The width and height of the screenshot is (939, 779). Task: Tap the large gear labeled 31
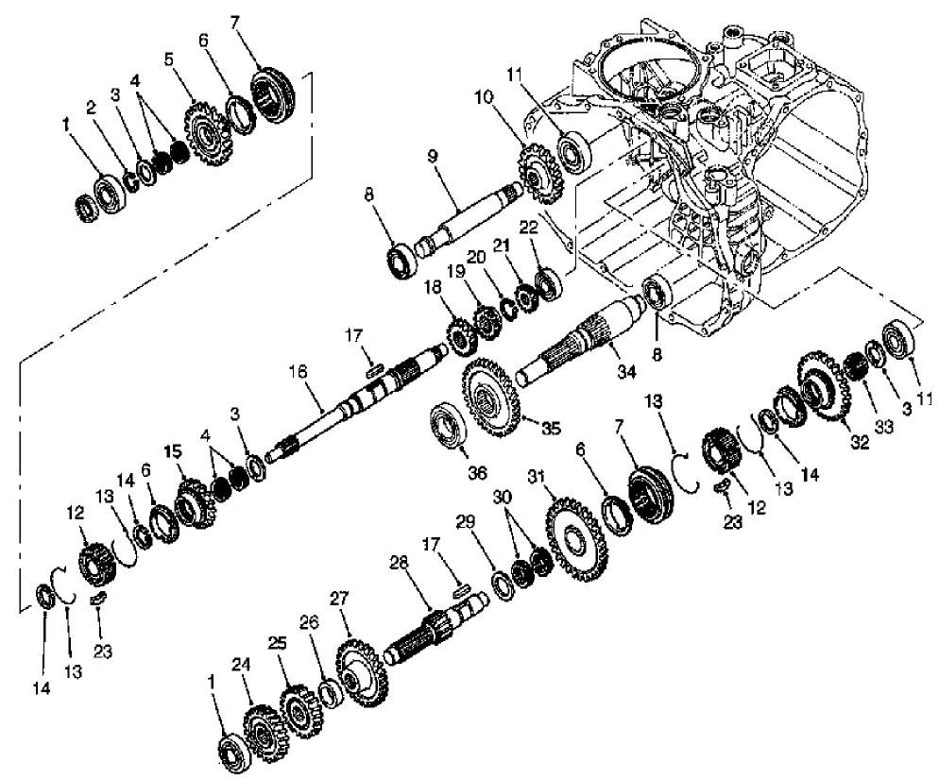click(x=576, y=537)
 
